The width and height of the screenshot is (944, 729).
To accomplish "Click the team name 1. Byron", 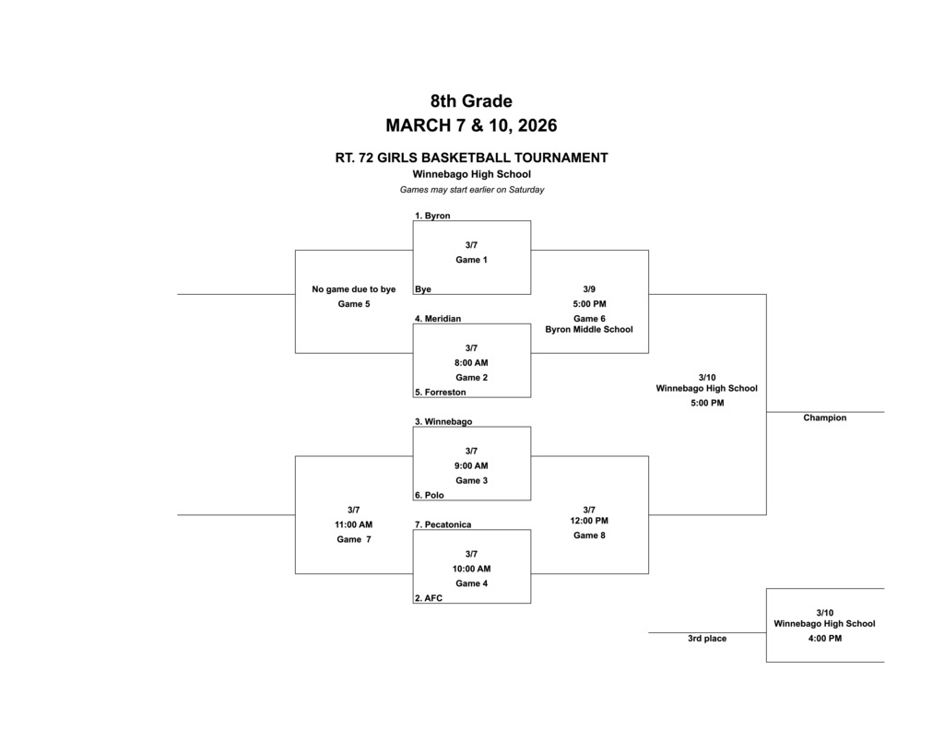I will point(432,216).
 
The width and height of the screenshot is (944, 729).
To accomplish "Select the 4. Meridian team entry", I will point(438,319).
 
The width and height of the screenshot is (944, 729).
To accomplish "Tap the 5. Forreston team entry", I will point(440,393).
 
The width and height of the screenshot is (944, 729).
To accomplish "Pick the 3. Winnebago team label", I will point(443,422).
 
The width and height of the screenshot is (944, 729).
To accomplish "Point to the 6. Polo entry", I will point(429,496).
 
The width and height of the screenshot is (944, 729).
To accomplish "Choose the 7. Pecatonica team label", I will point(442,525).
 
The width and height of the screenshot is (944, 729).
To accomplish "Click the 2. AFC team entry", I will point(429,599).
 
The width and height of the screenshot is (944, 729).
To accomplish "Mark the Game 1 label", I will point(471,260).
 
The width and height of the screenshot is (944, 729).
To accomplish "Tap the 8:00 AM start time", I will point(471,363).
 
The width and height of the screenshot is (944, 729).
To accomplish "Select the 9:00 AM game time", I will point(471,466).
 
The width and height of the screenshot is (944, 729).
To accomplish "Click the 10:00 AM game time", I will point(471,570).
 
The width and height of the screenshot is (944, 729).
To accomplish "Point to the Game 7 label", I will point(354,540).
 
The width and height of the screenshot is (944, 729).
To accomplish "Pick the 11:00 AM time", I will point(354,525).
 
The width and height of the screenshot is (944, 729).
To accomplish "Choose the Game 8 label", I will point(589,535).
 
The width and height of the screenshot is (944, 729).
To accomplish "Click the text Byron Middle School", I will point(589,329).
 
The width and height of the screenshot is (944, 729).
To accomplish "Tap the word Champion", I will point(824,418).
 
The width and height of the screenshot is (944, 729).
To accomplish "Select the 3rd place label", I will point(707,639).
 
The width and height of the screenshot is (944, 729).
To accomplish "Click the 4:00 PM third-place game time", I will point(824,639).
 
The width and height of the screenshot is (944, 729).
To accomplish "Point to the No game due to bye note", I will point(354,289).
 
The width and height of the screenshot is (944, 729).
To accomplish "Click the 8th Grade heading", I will point(471,101).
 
